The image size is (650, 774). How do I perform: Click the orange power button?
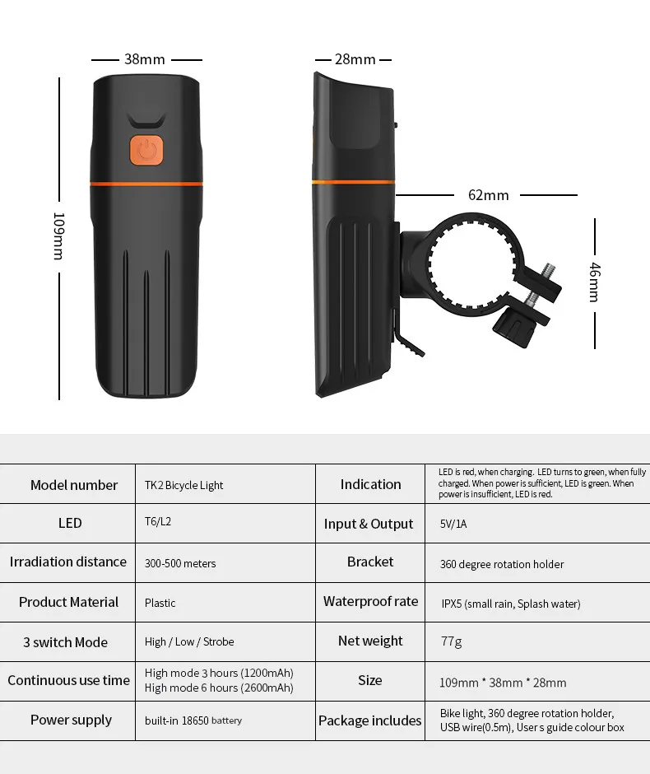click(x=146, y=150)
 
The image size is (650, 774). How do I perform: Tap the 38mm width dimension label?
click(x=145, y=59)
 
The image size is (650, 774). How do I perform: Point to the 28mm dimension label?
click(x=355, y=59)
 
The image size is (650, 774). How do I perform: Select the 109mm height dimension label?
click(x=58, y=236)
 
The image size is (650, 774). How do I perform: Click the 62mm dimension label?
click(x=488, y=195)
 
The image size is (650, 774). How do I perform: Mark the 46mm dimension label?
click(x=595, y=282)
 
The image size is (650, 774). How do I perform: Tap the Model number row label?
click(x=74, y=485)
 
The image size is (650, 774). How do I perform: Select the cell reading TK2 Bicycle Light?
click(x=184, y=485)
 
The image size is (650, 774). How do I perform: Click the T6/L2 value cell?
click(x=158, y=522)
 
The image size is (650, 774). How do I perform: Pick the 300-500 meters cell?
click(x=180, y=563)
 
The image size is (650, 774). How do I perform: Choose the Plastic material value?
click(x=160, y=603)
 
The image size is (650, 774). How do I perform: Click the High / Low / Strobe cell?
click(x=189, y=641)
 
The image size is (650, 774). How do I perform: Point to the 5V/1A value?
click(x=453, y=524)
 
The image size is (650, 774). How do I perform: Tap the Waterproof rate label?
click(x=370, y=601)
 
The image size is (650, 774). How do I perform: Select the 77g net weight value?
click(x=451, y=641)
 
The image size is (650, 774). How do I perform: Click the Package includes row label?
click(x=370, y=720)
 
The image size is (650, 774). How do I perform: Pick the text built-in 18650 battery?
click(x=193, y=720)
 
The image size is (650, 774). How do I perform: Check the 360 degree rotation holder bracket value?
click(x=502, y=564)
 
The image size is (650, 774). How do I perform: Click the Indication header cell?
click(x=370, y=484)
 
